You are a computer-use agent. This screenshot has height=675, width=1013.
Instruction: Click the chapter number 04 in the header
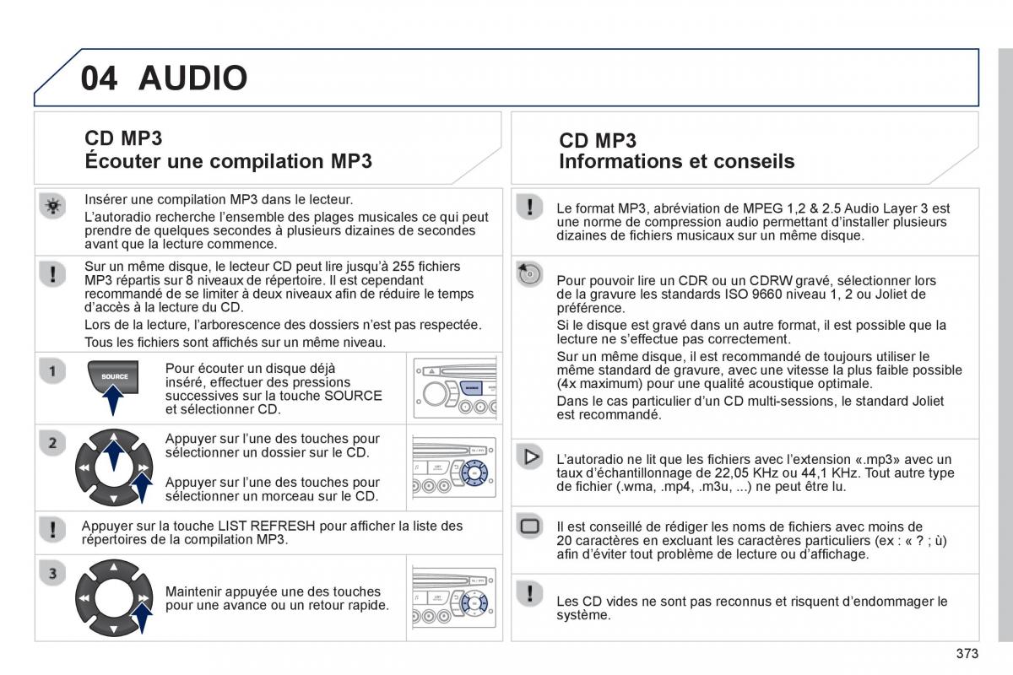[99, 78]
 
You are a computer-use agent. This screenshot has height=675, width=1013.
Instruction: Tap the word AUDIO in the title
[193, 78]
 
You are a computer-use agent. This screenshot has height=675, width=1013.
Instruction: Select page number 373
[967, 653]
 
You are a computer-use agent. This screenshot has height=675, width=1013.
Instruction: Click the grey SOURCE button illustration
[113, 376]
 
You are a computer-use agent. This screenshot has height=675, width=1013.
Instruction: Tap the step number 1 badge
[52, 371]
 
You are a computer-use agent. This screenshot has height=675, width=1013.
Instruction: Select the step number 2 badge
[52, 443]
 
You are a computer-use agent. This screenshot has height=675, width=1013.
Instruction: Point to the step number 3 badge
[52, 573]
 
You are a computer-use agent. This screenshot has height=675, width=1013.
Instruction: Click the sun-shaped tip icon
[52, 206]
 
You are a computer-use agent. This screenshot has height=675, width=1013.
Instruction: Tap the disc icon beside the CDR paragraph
[529, 274]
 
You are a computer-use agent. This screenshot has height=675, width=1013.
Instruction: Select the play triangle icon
[529, 456]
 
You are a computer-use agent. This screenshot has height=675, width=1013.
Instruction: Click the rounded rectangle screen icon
[529, 526]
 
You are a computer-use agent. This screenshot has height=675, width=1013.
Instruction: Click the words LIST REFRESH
[267, 526]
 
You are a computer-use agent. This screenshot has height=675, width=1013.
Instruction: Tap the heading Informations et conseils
[676, 161]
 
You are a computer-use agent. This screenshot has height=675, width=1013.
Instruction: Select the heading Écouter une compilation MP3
[229, 161]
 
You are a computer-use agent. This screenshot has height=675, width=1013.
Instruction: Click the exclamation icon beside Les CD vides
[529, 594]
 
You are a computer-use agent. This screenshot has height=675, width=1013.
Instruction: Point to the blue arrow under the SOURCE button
[112, 400]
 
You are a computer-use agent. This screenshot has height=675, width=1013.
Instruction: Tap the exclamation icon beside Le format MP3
[529, 207]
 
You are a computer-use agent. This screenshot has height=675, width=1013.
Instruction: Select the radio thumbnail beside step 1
[455, 388]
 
